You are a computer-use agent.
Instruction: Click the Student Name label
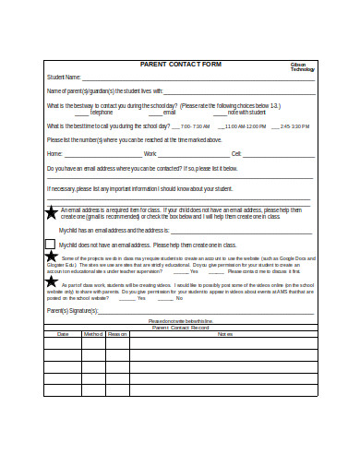click(65, 78)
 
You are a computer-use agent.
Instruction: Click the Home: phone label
click(55, 153)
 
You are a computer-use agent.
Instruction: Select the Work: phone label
click(150, 153)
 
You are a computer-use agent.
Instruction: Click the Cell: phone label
click(236, 153)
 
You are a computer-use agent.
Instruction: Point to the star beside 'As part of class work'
click(52, 287)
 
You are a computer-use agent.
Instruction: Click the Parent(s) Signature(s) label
click(73, 312)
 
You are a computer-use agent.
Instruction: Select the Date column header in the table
click(64, 333)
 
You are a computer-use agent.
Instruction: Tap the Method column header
click(93, 333)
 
